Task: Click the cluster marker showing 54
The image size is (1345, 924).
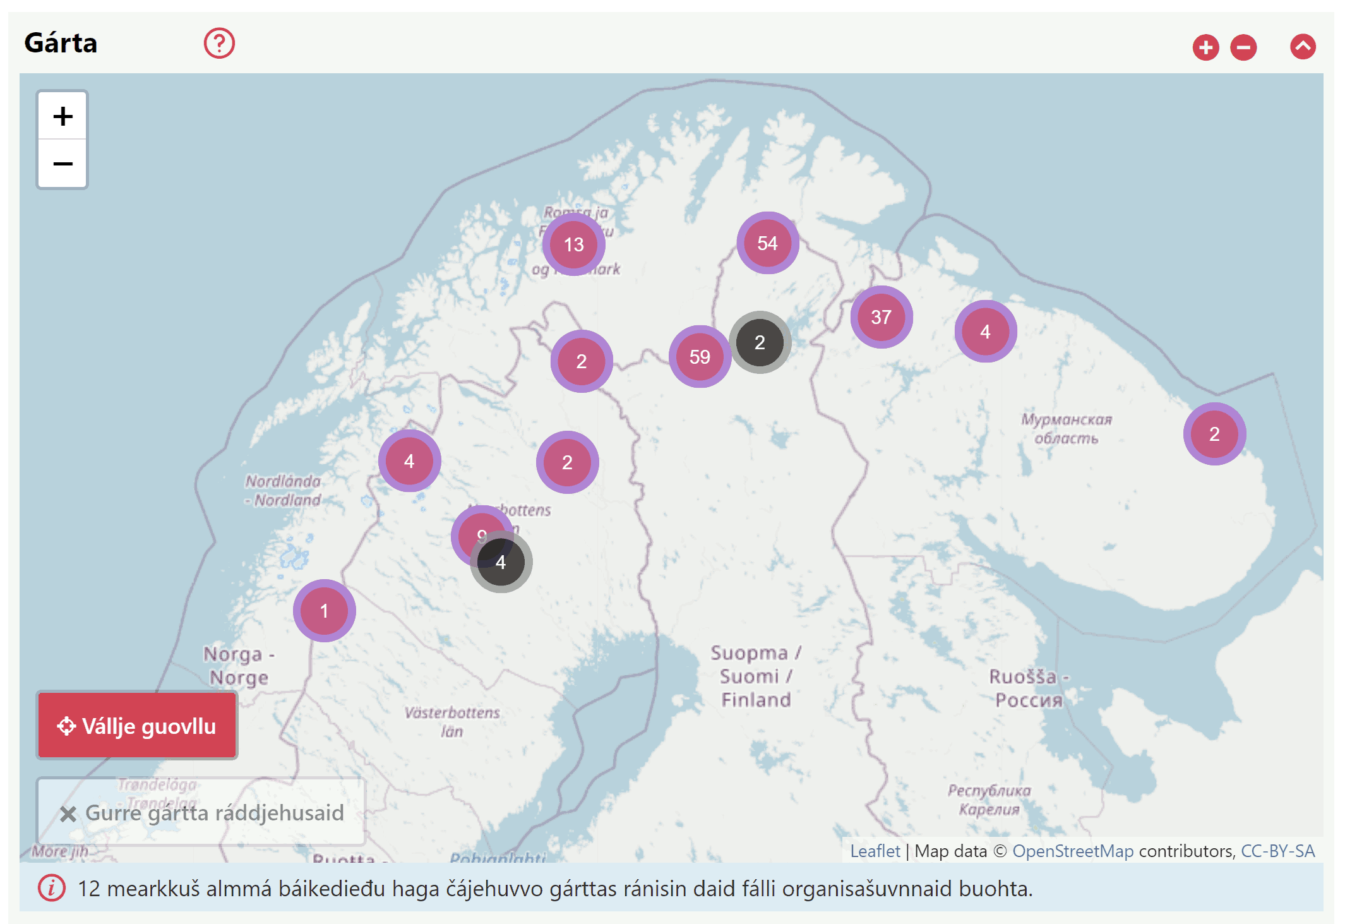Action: [767, 243]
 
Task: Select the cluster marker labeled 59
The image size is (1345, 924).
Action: [700, 357]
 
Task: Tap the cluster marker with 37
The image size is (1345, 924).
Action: [881, 317]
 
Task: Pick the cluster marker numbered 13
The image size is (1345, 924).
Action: [573, 244]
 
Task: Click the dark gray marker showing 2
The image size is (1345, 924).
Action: [760, 342]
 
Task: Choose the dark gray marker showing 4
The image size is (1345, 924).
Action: [501, 562]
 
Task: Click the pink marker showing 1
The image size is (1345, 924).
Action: [324, 611]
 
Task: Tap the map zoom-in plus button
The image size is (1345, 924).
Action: [63, 116]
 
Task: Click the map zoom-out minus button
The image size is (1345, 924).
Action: [63, 164]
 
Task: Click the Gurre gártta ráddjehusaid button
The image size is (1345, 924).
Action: [201, 813]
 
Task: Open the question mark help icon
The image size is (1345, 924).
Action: [219, 44]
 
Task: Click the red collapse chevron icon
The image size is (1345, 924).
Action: [1302, 47]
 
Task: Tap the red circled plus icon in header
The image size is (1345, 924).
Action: [1205, 47]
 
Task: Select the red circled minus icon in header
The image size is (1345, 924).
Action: [1243, 47]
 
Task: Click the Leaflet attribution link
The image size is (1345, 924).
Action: [875, 851]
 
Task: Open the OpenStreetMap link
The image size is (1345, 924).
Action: [1072, 851]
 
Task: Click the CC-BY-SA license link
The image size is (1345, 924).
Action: [1277, 851]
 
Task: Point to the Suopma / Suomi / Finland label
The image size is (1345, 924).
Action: [756, 676]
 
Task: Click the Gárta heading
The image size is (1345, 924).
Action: [61, 43]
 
